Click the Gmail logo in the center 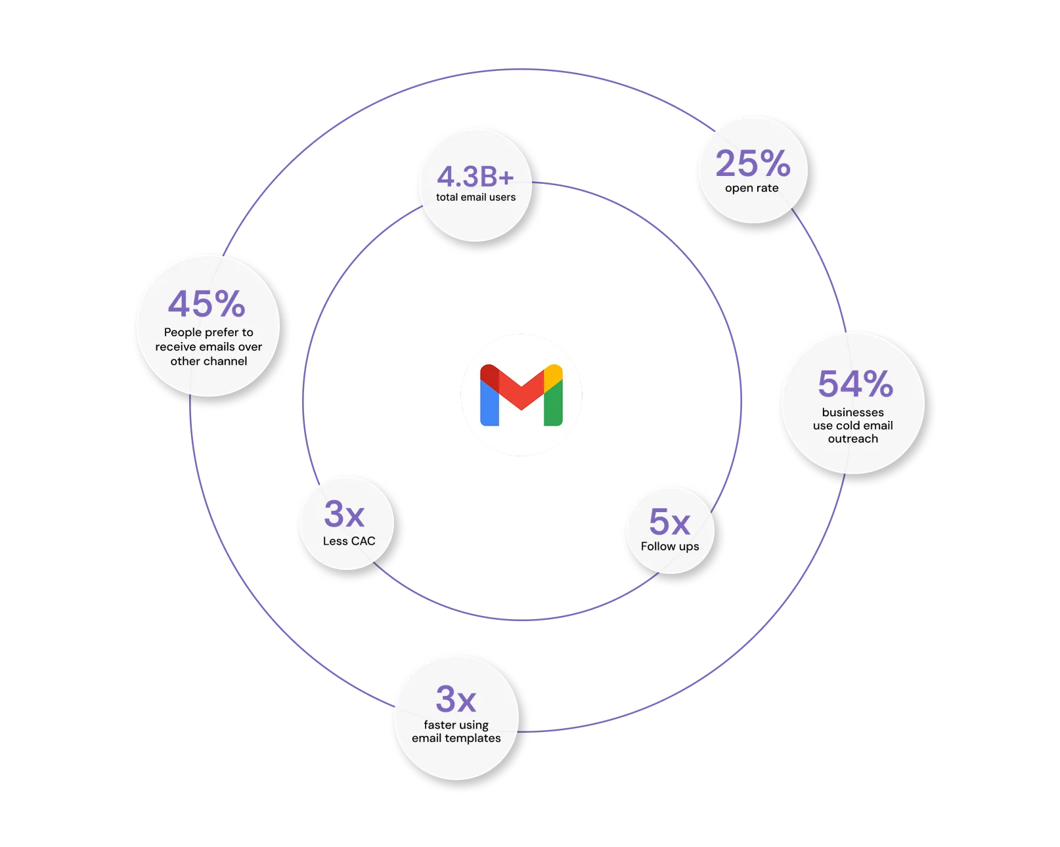pos(521,395)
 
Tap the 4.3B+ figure pos(475,176)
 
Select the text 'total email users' pos(475,197)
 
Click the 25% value pos(753,163)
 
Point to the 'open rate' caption pos(752,188)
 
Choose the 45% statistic pos(207,304)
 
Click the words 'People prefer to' pos(208,332)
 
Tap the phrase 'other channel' pos(208,361)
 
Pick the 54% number pos(855,384)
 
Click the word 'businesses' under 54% pos(852,412)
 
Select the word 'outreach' pos(852,439)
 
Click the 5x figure pos(669,522)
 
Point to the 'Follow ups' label pos(670,546)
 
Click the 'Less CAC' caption pos(349,541)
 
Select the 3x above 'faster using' pos(456,699)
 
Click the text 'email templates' pos(456,738)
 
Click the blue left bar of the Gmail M pos(489,404)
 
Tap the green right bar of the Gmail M pos(553,404)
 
